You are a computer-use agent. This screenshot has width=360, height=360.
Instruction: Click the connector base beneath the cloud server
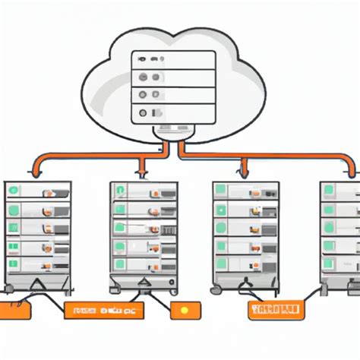pos(174,132)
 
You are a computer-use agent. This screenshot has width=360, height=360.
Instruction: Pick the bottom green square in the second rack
pos(120,263)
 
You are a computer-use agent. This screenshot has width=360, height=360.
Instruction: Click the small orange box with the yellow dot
pos(187,310)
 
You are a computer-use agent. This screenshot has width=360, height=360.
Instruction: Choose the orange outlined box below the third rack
pos(275,309)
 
